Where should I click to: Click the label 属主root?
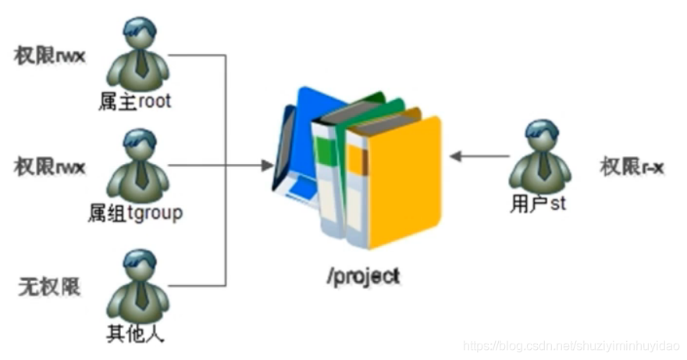(134, 102)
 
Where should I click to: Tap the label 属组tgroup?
(135, 213)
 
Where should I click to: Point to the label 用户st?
(538, 204)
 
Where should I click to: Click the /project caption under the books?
(363, 276)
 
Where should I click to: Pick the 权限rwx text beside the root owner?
(49, 56)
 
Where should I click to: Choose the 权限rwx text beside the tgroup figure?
(49, 167)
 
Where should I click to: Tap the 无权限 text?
(49, 287)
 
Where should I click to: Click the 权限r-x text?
(632, 167)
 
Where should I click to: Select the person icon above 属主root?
(138, 54)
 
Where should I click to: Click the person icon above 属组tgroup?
(138, 166)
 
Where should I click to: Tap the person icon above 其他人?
(138, 287)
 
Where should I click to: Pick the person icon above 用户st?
(541, 156)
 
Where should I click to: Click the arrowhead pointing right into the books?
(267, 166)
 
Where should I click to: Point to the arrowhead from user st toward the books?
(456, 156)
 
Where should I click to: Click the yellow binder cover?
(404, 182)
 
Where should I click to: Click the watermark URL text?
(571, 346)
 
